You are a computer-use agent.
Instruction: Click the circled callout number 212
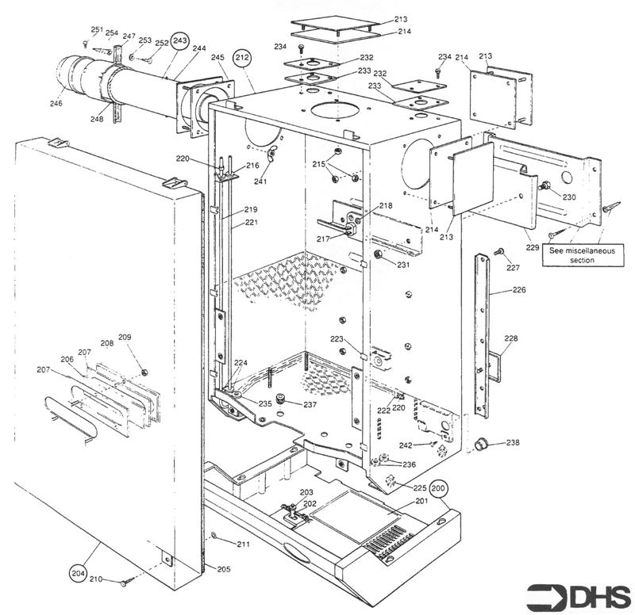241,58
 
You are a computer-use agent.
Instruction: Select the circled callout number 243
180,40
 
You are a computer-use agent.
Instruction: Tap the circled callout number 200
439,488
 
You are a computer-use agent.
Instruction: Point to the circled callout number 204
77,571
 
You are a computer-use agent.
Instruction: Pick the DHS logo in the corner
579,594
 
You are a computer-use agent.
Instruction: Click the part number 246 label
56,102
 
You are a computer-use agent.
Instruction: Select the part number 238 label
514,442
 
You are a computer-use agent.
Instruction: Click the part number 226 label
518,290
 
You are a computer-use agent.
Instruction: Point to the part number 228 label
511,339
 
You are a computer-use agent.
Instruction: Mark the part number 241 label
260,181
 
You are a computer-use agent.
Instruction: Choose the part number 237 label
309,405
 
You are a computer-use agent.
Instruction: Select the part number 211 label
243,544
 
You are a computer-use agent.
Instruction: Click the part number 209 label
125,338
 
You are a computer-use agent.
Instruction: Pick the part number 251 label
97,29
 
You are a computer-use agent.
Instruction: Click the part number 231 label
404,265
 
